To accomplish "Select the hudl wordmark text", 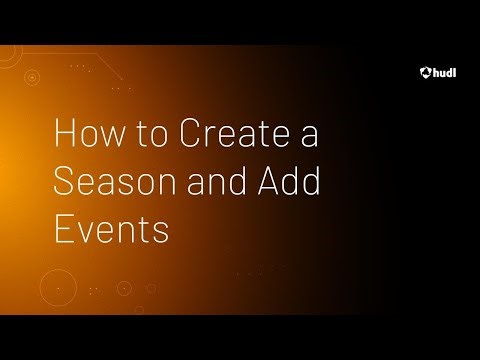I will (x=444, y=71).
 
